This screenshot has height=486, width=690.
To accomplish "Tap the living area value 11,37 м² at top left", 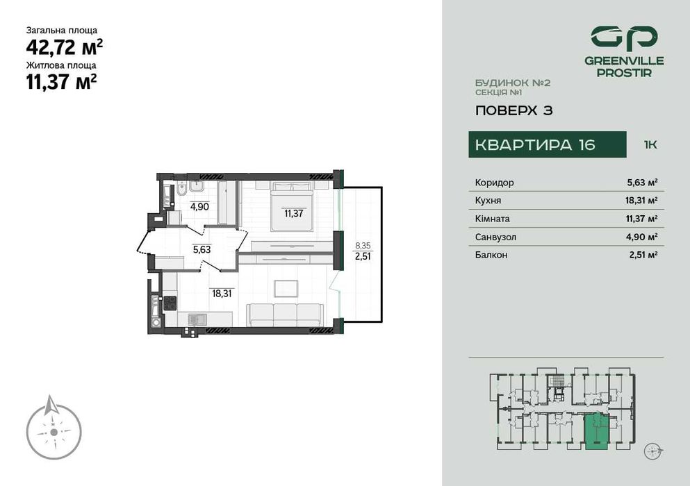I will pos(61,82).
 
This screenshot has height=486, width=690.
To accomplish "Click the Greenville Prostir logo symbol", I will pos(624,38).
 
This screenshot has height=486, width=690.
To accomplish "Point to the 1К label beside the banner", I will pos(650,145).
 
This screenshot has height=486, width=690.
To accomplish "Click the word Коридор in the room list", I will pos(495,183).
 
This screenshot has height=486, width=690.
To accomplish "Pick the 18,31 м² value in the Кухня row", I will pos(641,201).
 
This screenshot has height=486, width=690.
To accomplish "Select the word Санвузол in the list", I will pos(495,237).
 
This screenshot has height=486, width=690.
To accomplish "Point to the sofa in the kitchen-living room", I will pos(286,314).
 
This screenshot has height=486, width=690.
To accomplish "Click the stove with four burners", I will pos(170,303).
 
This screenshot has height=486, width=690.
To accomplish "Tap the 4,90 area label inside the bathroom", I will pos(199,207).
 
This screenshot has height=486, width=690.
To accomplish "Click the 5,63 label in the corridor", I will pos(201,250).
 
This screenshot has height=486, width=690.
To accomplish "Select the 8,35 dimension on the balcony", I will pos(362,245).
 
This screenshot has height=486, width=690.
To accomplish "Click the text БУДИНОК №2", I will pos(513,83).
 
